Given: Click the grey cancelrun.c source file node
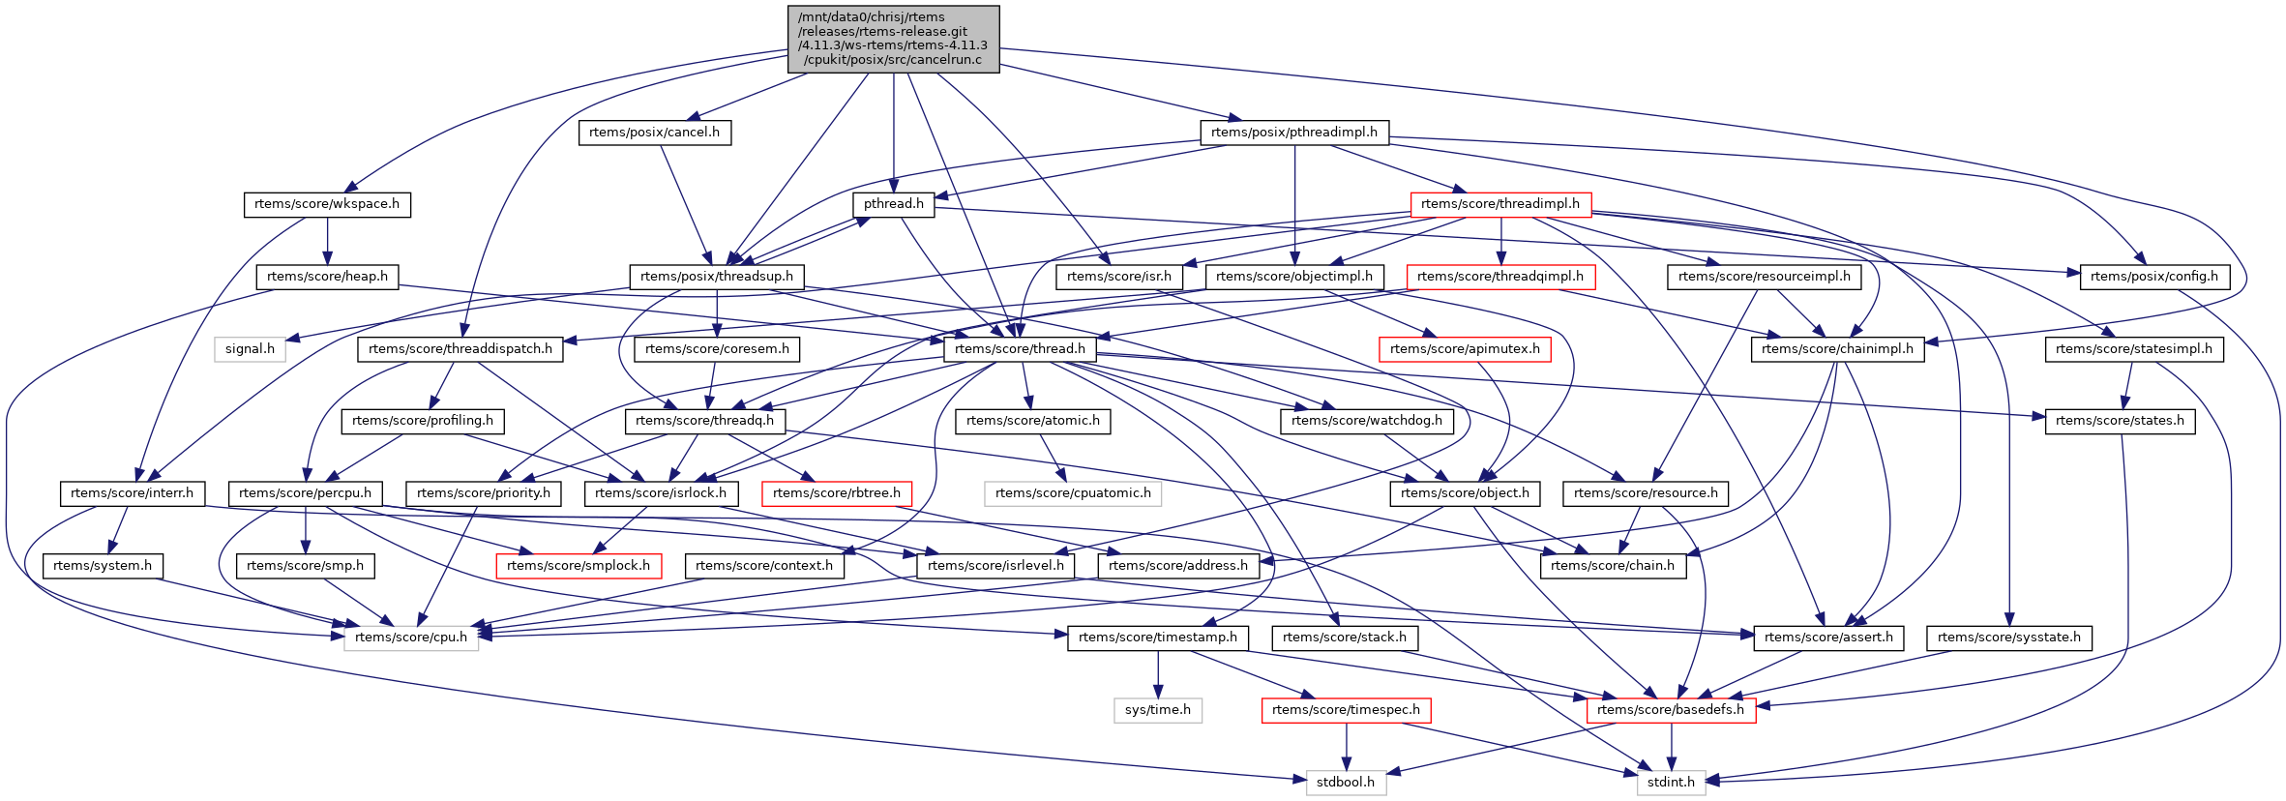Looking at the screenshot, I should coord(893,39).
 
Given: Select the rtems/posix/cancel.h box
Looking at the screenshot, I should coord(654,133).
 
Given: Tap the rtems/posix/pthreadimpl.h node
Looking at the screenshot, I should coord(1293,133).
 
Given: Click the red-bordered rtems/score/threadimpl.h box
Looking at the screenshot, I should coord(1499,204).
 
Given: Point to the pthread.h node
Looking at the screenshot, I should coord(893,204).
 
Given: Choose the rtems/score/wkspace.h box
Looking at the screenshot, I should coord(327,204).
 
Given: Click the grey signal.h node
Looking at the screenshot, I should coord(250,349).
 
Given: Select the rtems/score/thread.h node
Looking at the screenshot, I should coord(1020,349).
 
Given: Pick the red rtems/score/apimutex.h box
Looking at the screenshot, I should coord(1465,349).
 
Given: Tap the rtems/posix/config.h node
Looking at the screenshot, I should coord(2153,277).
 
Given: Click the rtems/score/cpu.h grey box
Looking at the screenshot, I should coord(411,638).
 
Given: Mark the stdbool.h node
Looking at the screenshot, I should coord(1346,783).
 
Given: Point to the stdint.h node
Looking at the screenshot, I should coord(1671,783).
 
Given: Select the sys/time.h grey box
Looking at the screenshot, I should coord(1158,710).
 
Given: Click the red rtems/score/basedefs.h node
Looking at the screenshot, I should coord(1671,710).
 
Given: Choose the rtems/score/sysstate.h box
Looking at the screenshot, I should coord(2008,638).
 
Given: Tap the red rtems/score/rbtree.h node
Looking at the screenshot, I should coord(837,493).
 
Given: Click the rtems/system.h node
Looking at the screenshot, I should coord(103,566).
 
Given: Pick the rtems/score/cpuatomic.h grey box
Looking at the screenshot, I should coord(1073,493).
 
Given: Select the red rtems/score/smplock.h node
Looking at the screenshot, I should coord(579,566).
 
